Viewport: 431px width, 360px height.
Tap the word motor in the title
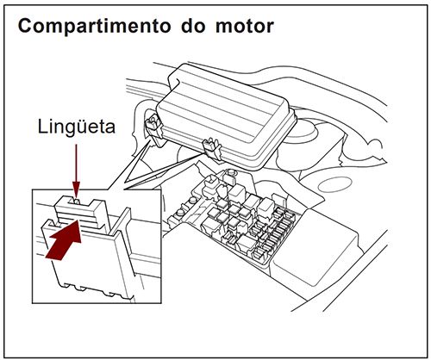[243, 26]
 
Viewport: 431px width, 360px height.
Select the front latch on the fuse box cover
[209, 148]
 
